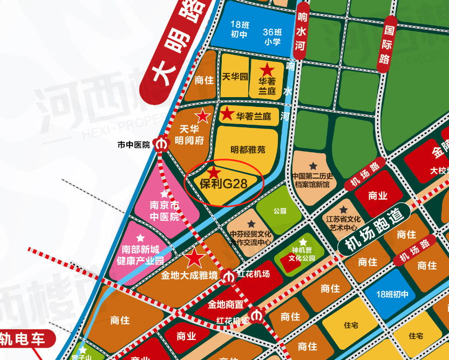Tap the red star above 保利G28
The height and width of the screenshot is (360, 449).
[214, 172]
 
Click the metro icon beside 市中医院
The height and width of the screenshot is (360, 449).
[160, 145]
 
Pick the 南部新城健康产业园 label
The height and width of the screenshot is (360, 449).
[141, 254]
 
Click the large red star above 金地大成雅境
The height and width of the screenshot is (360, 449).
[194, 259]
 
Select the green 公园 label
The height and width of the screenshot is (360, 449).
[279, 210]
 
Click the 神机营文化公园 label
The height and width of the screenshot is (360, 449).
[302, 254]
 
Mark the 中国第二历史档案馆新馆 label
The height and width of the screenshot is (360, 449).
[313, 180]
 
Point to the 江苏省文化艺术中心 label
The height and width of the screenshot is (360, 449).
[343, 223]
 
